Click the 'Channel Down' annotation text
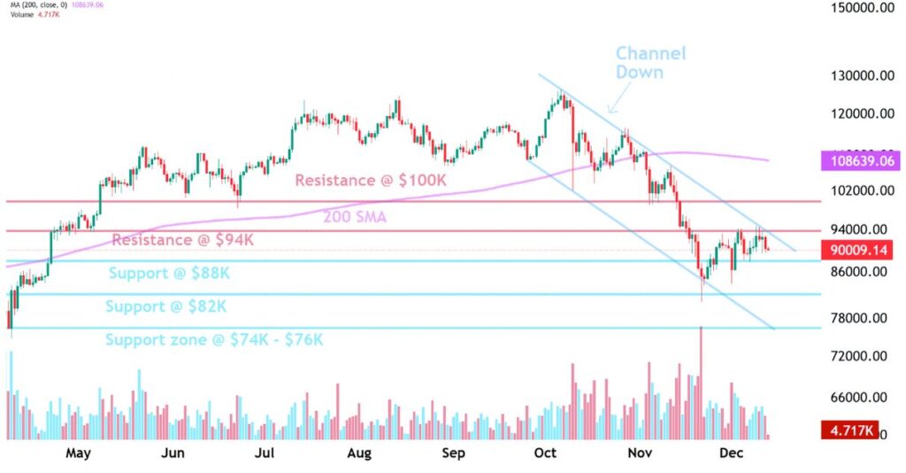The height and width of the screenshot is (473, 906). click(650, 63)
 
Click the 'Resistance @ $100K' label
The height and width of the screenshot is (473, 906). click(372, 181)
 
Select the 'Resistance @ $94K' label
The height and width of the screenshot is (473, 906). click(183, 240)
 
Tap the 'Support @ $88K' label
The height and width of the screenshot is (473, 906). click(170, 274)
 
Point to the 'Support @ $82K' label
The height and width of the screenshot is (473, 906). click(166, 307)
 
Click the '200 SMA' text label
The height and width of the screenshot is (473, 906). click(354, 217)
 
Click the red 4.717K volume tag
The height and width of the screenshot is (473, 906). click(850, 431)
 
